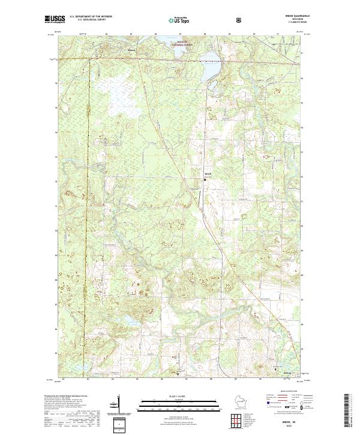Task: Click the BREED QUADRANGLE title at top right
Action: click(293, 16)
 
